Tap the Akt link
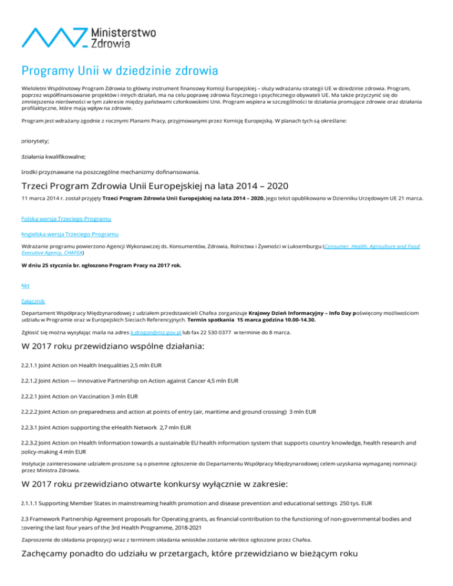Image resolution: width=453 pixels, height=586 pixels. click(x=25, y=285)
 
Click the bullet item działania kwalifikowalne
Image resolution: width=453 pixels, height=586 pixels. click(x=53, y=156)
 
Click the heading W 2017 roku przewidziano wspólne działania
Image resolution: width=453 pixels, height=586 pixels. click(x=112, y=347)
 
